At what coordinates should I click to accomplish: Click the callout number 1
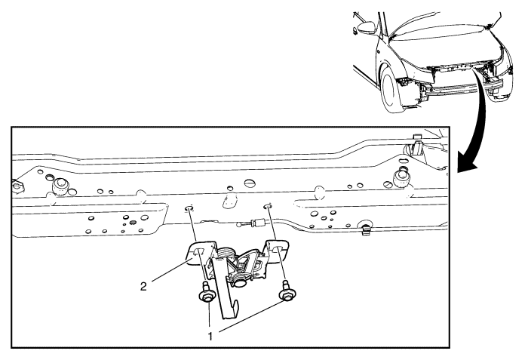[210, 336]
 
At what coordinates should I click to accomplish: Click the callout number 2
[144, 287]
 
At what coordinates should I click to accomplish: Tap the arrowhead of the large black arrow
[468, 165]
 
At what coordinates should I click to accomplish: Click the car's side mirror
[367, 28]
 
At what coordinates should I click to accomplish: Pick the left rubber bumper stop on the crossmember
[61, 186]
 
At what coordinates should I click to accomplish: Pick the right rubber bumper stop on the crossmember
[401, 177]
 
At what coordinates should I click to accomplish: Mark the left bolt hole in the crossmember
[189, 208]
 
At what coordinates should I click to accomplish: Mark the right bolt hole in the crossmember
[267, 206]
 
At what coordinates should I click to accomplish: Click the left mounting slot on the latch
[199, 251]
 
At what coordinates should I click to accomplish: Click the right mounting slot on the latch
[279, 249]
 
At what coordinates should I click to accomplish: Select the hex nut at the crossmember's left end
[18, 186]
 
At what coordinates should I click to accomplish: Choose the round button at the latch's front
[239, 282]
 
